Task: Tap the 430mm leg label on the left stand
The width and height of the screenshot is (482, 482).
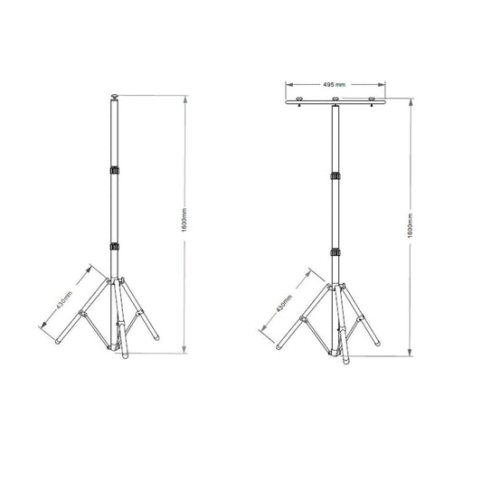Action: pyautogui.click(x=64, y=300)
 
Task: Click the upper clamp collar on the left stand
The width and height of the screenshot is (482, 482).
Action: pyautogui.click(x=114, y=171)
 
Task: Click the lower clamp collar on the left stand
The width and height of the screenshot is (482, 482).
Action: pyautogui.click(x=114, y=244)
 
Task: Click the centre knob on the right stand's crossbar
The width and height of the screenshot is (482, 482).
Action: pyautogui.click(x=336, y=99)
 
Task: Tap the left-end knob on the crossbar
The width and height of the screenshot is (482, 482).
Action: pyautogui.click(x=298, y=99)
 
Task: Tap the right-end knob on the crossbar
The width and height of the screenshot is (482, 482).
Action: pyautogui.click(x=372, y=99)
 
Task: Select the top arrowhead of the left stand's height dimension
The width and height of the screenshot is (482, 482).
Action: pyautogui.click(x=184, y=95)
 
